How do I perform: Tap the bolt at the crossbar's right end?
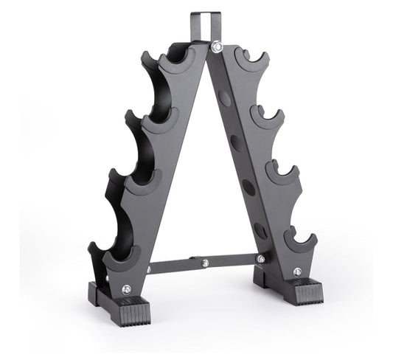pos(260,258)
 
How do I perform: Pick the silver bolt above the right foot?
pos(296,271)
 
